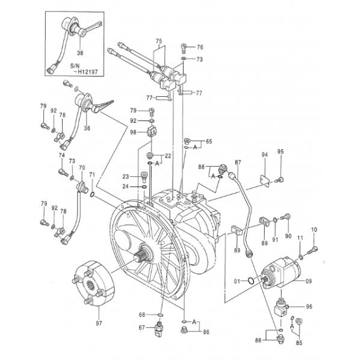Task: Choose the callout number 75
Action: [159, 43]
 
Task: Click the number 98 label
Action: [134, 132]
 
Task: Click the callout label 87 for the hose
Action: [238, 162]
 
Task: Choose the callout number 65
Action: [209, 141]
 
